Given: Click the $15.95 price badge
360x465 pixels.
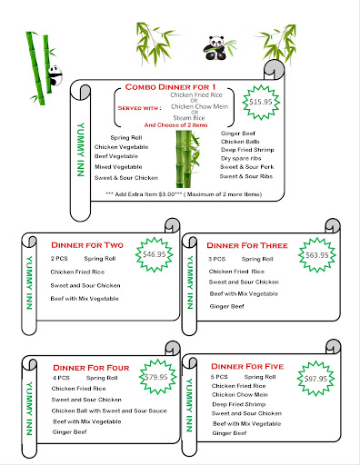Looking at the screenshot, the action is (261, 102).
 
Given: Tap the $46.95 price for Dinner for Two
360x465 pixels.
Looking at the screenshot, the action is (155, 254).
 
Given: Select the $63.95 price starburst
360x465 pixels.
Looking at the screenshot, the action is (317, 255).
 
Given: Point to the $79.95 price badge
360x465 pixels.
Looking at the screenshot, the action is (157, 377).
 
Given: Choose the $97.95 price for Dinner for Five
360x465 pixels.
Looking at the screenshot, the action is (315, 379).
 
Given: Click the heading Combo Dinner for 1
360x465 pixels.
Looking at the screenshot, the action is (170, 87).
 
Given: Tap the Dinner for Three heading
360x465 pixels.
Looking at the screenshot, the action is (247, 245).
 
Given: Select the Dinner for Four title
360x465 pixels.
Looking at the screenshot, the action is (91, 368).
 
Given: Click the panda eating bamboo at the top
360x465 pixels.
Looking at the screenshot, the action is (215, 47).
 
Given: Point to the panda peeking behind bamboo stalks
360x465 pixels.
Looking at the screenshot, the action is (55, 75).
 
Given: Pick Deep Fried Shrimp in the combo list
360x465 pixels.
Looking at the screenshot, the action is (247, 150).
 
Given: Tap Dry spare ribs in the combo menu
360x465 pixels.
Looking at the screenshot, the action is (241, 158).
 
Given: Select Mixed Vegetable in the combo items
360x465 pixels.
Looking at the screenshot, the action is (118, 167).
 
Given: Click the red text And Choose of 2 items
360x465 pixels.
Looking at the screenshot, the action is (175, 125).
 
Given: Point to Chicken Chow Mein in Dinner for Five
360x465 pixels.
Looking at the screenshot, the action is (240, 395).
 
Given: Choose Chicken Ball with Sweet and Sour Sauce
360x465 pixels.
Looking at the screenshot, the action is (109, 411).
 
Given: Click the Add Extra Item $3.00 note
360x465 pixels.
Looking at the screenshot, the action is (184, 194).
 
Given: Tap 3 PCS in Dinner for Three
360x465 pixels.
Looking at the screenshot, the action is (216, 259).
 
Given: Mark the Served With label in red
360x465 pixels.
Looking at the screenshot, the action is (139, 108).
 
